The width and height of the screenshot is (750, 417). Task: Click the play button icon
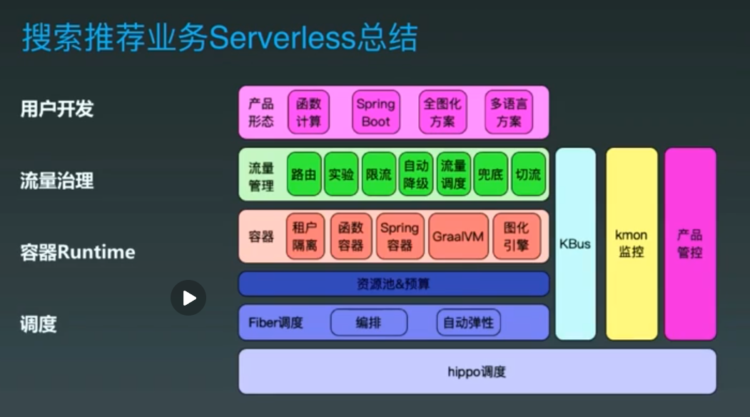pos(188,298)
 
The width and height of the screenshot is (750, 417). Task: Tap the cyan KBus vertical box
pos(575,243)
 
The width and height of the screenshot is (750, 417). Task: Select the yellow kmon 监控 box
pos(632,243)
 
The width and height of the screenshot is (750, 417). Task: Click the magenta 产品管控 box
pos(690,243)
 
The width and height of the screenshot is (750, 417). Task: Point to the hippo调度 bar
pos(477,371)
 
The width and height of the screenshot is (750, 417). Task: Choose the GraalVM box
pos(458,236)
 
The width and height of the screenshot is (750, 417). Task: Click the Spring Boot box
pos(375,113)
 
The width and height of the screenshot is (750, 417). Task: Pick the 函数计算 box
pos(309,113)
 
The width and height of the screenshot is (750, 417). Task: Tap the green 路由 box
pos(304,174)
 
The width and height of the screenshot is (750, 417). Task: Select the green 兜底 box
pos(490,174)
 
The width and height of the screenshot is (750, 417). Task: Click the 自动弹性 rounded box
pos(468,323)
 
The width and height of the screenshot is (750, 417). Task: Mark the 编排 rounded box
pos(368,323)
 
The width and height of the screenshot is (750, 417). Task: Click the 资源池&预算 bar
pos(393,284)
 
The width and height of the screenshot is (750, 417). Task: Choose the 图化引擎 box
pos(516,236)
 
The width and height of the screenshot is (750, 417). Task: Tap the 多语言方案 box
pos(509,113)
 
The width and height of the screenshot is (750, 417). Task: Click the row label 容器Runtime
pos(78,252)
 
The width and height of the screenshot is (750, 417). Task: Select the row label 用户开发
pos(57,109)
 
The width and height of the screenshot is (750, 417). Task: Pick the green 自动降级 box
pos(416,174)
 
